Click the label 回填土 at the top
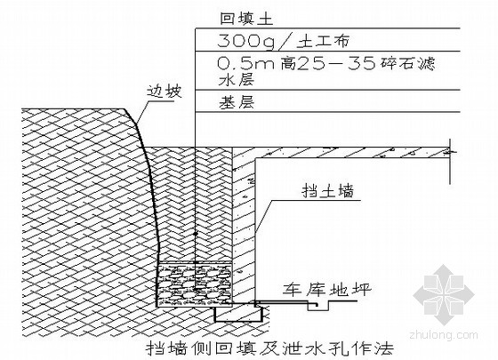(246, 19)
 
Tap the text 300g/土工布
(284, 42)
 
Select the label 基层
(237, 102)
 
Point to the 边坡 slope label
(164, 92)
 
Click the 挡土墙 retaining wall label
(328, 191)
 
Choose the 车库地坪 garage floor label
(327, 290)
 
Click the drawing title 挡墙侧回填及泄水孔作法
(270, 348)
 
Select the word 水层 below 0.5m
(237, 80)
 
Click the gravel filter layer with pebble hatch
(195, 284)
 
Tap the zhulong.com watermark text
(444, 334)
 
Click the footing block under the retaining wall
(239, 314)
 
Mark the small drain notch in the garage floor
(318, 306)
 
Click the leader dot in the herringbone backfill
(196, 234)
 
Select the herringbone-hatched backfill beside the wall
(196, 204)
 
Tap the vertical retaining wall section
(244, 226)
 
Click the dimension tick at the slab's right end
(449, 152)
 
